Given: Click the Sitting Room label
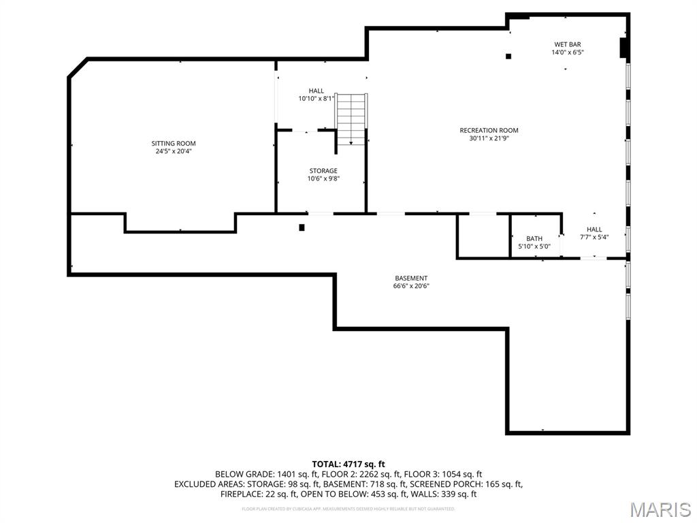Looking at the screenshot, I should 174,143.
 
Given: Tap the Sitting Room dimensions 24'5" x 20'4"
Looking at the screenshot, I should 174,151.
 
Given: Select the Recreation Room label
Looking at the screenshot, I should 489,130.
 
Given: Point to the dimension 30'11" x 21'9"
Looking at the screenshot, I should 489,138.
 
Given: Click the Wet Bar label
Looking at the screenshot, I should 567,44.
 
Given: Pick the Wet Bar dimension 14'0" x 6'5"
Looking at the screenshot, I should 567,52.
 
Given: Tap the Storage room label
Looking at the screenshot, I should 323,171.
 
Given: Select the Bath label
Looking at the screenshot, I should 534,238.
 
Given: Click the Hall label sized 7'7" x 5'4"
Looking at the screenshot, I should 594,229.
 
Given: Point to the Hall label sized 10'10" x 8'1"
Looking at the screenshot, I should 317,91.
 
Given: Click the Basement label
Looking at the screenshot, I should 411,278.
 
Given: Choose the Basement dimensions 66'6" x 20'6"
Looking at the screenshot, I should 411,286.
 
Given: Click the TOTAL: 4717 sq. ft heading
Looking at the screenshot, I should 348,464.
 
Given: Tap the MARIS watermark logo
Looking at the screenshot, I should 660,509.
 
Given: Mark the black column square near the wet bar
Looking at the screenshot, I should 508,57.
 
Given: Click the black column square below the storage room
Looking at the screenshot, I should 302,227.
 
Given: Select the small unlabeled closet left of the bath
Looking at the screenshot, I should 483,236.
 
